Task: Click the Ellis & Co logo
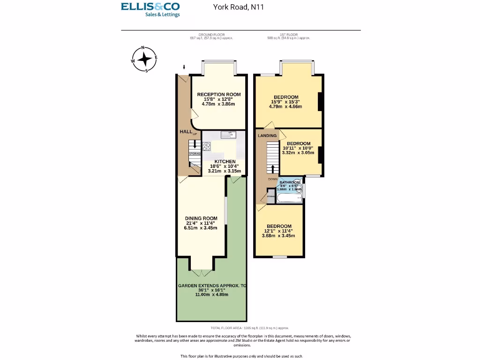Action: [x=150, y=9]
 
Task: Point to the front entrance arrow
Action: [x=184, y=67]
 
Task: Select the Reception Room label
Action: [x=219, y=94]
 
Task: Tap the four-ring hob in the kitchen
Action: [x=207, y=146]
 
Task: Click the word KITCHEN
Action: [x=225, y=161]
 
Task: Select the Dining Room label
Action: [x=201, y=218]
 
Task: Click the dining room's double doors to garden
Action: [x=202, y=272]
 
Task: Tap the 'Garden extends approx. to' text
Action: [x=212, y=285]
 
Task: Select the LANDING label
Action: [x=267, y=135]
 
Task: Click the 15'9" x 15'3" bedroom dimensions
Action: [x=286, y=102]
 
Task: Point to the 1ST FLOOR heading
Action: [x=286, y=35]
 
